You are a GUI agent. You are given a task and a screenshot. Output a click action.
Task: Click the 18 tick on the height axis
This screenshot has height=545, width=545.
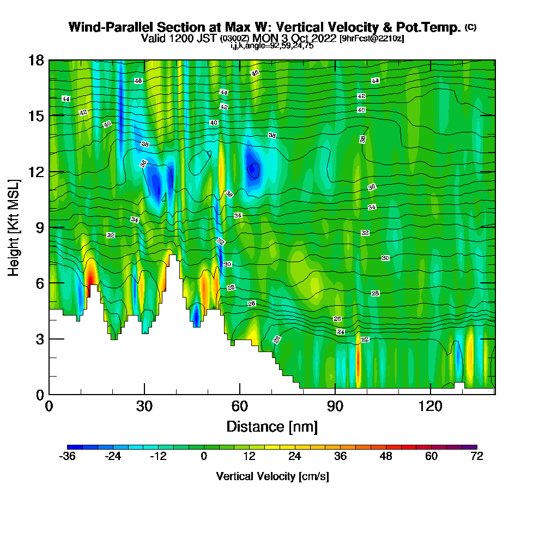49,60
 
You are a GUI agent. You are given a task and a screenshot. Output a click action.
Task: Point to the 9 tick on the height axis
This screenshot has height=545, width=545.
49,227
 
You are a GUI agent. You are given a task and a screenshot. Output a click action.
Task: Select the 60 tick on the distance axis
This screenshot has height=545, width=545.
240,394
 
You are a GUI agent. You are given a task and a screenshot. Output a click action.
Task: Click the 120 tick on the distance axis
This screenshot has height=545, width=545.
431,394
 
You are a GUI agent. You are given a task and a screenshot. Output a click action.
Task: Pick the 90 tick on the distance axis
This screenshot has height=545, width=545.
335,394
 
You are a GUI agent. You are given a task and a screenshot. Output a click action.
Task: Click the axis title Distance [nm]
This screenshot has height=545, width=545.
272,426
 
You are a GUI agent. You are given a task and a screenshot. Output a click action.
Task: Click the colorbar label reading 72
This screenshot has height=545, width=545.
476,457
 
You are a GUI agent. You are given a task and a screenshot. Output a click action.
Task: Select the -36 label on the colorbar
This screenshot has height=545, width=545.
67,457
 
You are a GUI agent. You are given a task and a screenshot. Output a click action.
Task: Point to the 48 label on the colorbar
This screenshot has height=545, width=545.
386,457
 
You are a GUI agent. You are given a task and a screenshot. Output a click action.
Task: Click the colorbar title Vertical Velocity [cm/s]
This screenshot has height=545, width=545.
272,476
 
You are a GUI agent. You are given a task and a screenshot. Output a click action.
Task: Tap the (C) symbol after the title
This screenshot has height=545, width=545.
471,27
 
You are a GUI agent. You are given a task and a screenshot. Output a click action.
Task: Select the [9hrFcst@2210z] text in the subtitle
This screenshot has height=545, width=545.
371,39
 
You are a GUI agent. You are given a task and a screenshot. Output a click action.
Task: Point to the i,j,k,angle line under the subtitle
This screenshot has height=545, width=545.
272,46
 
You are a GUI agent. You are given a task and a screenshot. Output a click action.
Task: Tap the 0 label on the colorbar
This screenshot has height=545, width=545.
204,457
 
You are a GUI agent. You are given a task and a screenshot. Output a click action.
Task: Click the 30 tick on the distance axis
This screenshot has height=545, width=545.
144,394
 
